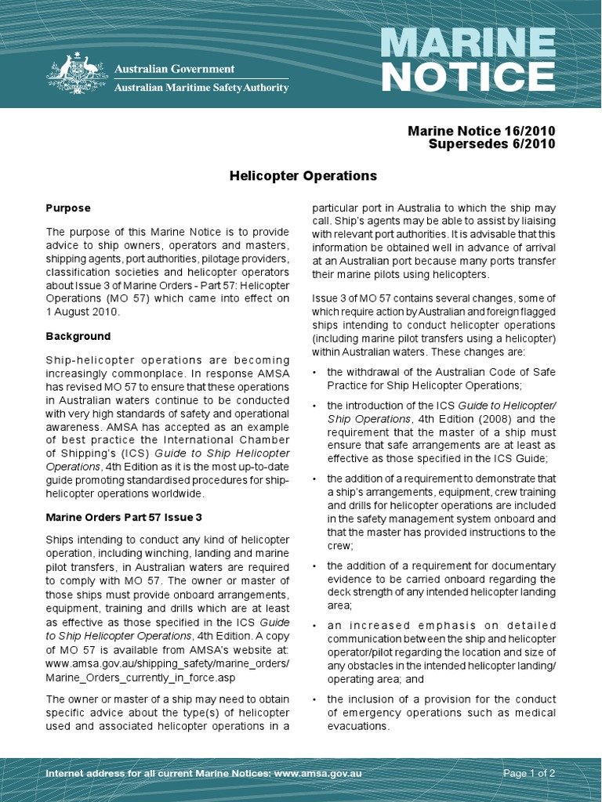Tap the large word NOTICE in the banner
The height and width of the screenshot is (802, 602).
[467, 77]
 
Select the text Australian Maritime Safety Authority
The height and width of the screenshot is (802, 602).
[201, 88]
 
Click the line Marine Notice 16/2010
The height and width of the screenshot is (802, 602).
[481, 130]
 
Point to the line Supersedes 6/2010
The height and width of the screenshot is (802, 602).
[492, 143]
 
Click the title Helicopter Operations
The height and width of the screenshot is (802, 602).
[303, 176]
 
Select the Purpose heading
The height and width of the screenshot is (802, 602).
[68, 208]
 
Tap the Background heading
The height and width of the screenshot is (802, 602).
[78, 336]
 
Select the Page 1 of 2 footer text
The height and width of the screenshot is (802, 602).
[529, 774]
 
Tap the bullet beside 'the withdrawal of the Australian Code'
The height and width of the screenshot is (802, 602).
[315, 373]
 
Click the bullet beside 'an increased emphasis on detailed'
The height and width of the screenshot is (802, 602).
[315, 626]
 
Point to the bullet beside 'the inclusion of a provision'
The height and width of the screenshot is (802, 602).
[315, 699]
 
